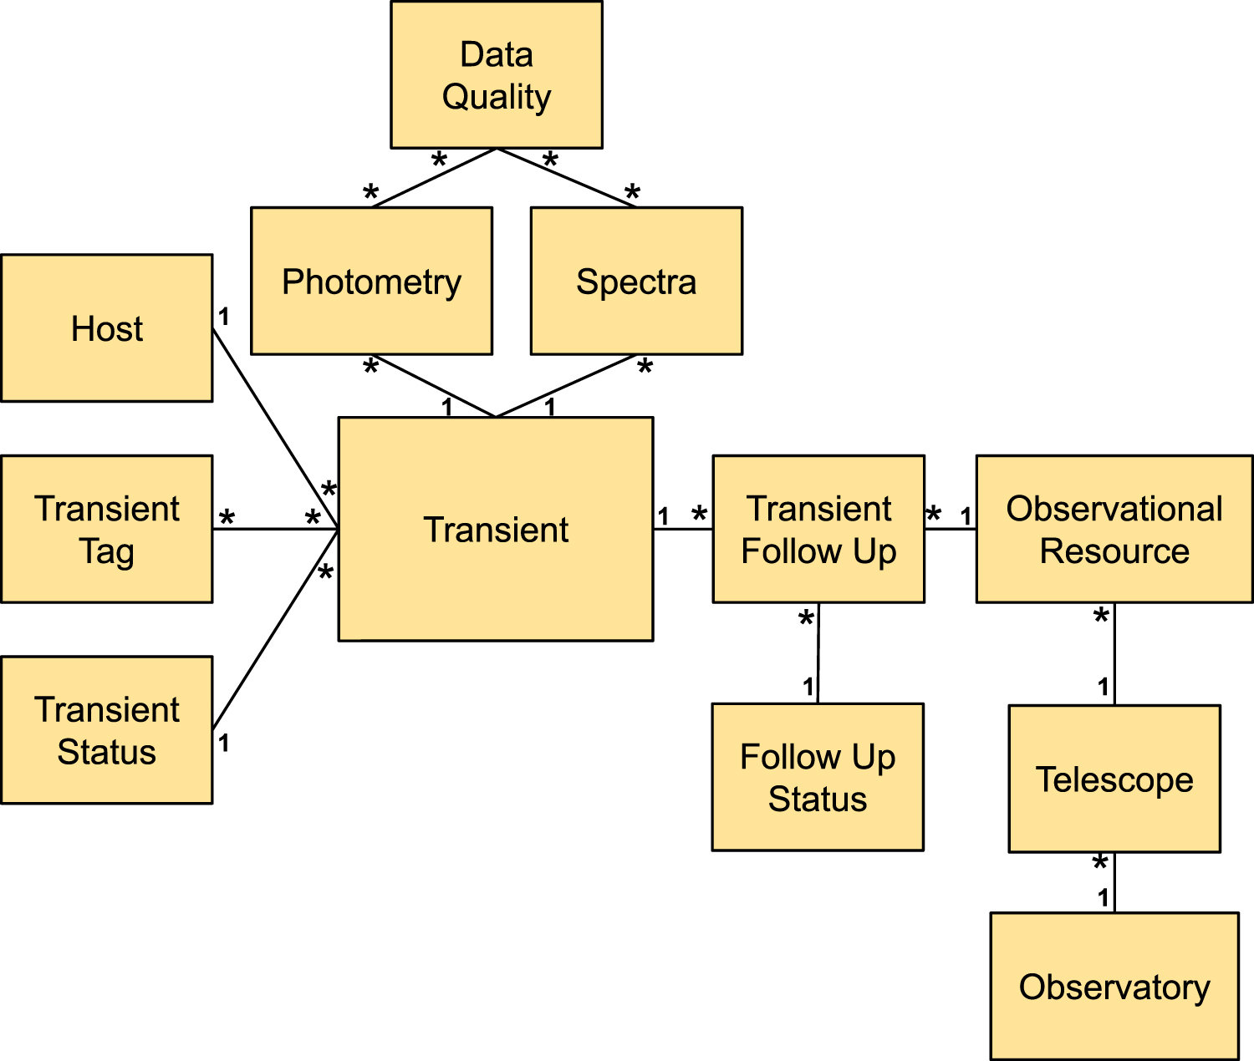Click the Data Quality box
tap(497, 75)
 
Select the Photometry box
tap(371, 282)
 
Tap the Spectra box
tap(636, 282)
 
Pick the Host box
tap(107, 328)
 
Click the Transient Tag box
tap(107, 529)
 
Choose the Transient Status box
tap(107, 730)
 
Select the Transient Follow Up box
tap(818, 529)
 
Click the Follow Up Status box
tap(818, 777)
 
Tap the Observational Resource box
tap(1114, 529)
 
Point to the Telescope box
tap(1114, 779)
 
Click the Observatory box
tap(1114, 987)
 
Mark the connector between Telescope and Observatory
tap(1114, 883)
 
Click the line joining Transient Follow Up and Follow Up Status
tap(818, 653)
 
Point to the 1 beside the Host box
tap(224, 317)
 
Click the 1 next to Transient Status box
tap(224, 742)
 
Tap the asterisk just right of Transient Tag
tap(227, 519)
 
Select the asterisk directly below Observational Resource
tap(1101, 617)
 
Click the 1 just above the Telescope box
tap(1104, 687)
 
